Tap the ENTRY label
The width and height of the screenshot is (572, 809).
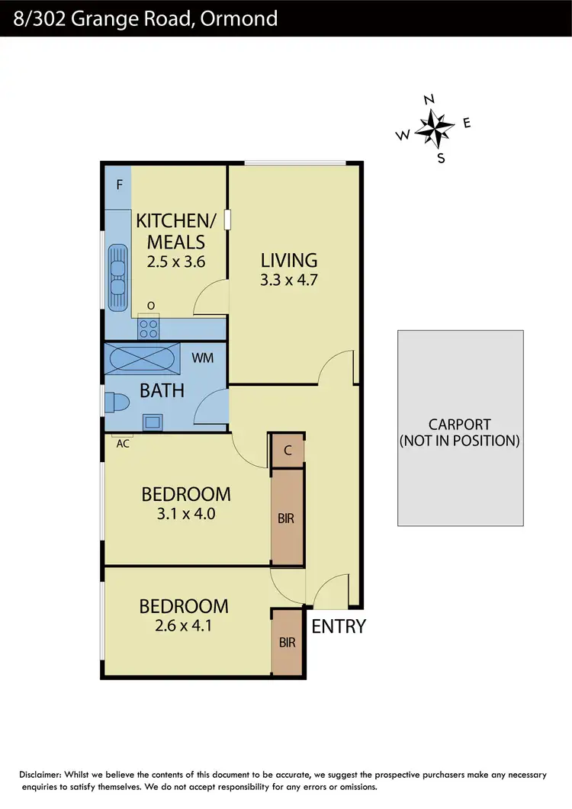[339, 627]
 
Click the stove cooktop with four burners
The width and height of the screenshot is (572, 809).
[149, 329]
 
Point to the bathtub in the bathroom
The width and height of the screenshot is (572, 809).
[142, 358]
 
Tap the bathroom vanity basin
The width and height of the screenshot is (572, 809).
[153, 421]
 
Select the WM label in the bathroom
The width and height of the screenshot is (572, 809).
[202, 358]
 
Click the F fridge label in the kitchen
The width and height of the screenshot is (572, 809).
[119, 185]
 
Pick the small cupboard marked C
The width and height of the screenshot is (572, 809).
[288, 451]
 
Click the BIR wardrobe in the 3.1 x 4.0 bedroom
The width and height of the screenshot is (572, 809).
[287, 518]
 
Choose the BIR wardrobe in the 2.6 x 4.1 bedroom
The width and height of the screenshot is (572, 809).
[288, 643]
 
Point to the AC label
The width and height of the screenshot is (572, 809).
[122, 443]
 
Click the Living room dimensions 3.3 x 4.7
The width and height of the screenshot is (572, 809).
[288, 279]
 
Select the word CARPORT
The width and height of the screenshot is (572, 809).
[459, 425]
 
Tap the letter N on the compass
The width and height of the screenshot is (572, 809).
[429, 99]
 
